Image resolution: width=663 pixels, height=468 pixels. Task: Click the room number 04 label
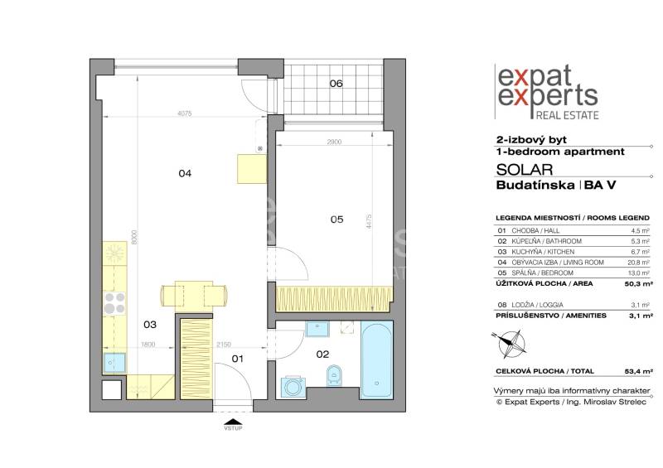coord(185,174)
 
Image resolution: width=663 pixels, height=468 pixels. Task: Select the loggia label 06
coord(336,84)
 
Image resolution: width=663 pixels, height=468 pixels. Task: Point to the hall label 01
coord(238,359)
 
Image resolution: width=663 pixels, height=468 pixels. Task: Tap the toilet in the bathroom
coord(334,375)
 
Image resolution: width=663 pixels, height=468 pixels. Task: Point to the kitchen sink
coord(114,361)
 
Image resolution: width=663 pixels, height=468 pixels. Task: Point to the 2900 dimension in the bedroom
coord(334,143)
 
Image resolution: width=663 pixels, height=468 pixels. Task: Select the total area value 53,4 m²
coord(636,372)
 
